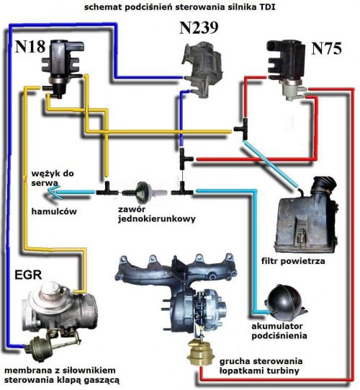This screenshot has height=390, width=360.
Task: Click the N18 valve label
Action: coord(30,47)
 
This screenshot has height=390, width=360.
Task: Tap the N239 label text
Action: coord(199,27)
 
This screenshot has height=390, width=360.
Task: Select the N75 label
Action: coord(326,48)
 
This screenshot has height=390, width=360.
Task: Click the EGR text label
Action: coord(28,275)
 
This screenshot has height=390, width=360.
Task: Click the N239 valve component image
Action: coord(202,70)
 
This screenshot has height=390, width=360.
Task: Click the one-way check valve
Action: coord(144,192)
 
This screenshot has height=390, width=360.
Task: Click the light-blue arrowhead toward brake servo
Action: coord(53,192)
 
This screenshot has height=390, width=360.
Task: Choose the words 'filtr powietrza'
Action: coord(293,262)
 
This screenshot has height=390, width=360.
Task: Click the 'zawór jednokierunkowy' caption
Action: coord(156,214)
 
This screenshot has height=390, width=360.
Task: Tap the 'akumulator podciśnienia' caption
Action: coord(279,331)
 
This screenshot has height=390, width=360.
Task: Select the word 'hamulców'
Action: coord(54,211)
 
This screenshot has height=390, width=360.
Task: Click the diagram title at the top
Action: coord(179,7)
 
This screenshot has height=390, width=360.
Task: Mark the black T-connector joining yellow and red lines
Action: coord(242,128)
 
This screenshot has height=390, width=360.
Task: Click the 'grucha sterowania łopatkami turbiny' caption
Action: coord(261,366)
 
